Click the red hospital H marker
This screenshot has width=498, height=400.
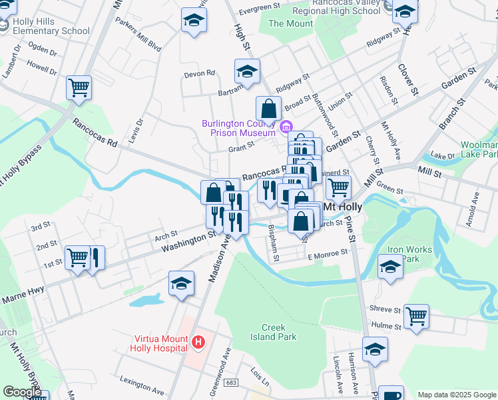[x=198, y=343]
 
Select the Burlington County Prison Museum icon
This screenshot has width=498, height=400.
[x=286, y=127]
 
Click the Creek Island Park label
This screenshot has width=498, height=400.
[x=278, y=332]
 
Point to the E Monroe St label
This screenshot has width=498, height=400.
[x=328, y=253]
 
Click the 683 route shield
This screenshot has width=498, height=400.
[x=231, y=383]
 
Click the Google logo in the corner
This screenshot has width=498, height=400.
[x=23, y=392]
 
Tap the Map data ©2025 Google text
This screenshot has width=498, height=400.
[x=457, y=395]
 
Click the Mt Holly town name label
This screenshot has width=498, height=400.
[x=342, y=207]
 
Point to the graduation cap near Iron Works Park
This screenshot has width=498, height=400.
[x=390, y=267]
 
